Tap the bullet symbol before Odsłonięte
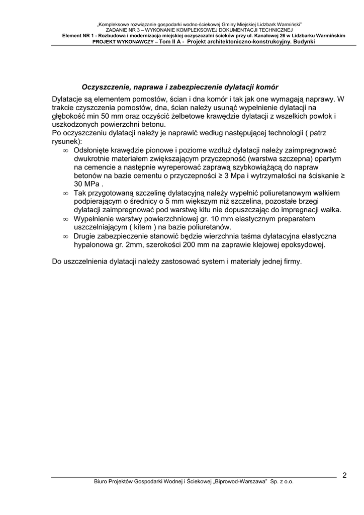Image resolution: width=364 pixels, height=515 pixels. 65,150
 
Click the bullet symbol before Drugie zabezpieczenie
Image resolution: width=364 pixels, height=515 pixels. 65,236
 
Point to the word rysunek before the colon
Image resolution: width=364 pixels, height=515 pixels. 65,141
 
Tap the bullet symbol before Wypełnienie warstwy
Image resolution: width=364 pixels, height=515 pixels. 65,219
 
